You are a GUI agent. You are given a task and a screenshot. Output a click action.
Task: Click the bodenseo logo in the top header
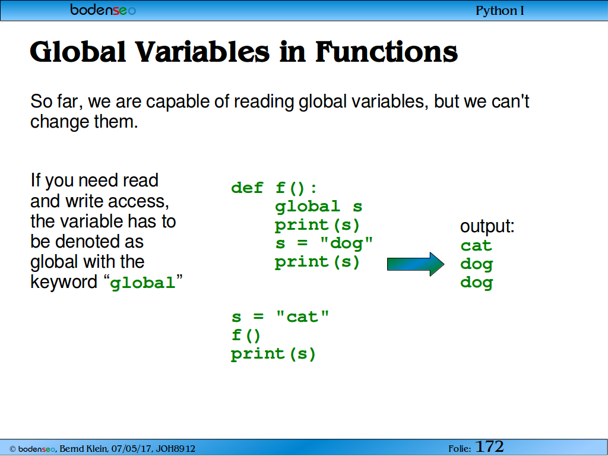tap(103, 9)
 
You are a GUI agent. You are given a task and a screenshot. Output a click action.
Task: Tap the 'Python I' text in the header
tap(500, 11)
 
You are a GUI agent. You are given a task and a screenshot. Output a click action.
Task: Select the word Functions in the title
tap(387, 52)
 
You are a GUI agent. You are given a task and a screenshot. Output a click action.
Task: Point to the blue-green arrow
tap(416, 264)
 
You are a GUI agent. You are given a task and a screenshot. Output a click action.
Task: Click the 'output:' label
tap(487, 226)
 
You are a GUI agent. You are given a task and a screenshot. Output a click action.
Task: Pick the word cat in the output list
tap(476, 245)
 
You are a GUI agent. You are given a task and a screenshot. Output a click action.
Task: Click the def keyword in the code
tap(247, 188)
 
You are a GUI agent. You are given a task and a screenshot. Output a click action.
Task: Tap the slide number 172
tap(489, 446)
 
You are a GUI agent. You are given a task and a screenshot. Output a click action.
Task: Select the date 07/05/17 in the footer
tap(132, 449)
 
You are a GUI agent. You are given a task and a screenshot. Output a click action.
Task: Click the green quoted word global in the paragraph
tap(142, 283)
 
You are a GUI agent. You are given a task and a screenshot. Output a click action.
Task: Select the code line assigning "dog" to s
tap(324, 243)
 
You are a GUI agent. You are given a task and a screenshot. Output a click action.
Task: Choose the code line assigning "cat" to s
tap(280, 317)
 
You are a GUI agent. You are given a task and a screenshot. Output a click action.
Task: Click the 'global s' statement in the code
tap(318, 207)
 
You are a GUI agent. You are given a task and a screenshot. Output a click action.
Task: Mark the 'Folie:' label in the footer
tap(460, 449)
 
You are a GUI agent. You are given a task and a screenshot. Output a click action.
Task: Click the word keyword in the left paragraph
tap(64, 282)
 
